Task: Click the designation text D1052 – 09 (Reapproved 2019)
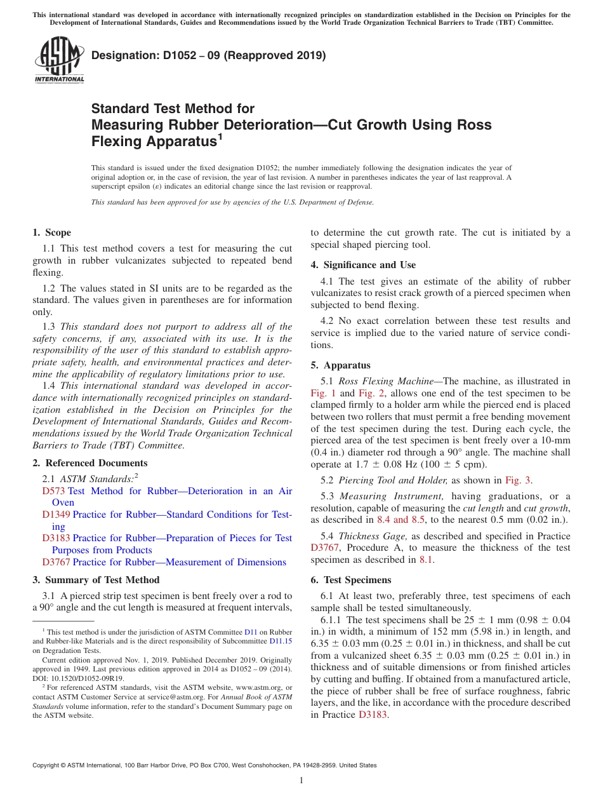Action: pos(209,56)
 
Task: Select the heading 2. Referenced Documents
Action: pos(90,463)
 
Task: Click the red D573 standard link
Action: pos(54,491)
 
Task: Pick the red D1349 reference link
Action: pos(56,515)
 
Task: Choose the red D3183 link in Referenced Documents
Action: pos(56,538)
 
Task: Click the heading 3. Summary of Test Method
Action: pos(96,580)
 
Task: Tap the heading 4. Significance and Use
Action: pos(363,265)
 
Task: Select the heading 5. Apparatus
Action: pos(340,365)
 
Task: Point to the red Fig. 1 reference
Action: pos(322,393)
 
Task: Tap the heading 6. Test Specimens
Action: pos(351,580)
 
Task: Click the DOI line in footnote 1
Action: pos(79,678)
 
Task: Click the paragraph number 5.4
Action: pos(329,536)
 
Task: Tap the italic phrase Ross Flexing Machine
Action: pos(380,381)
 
